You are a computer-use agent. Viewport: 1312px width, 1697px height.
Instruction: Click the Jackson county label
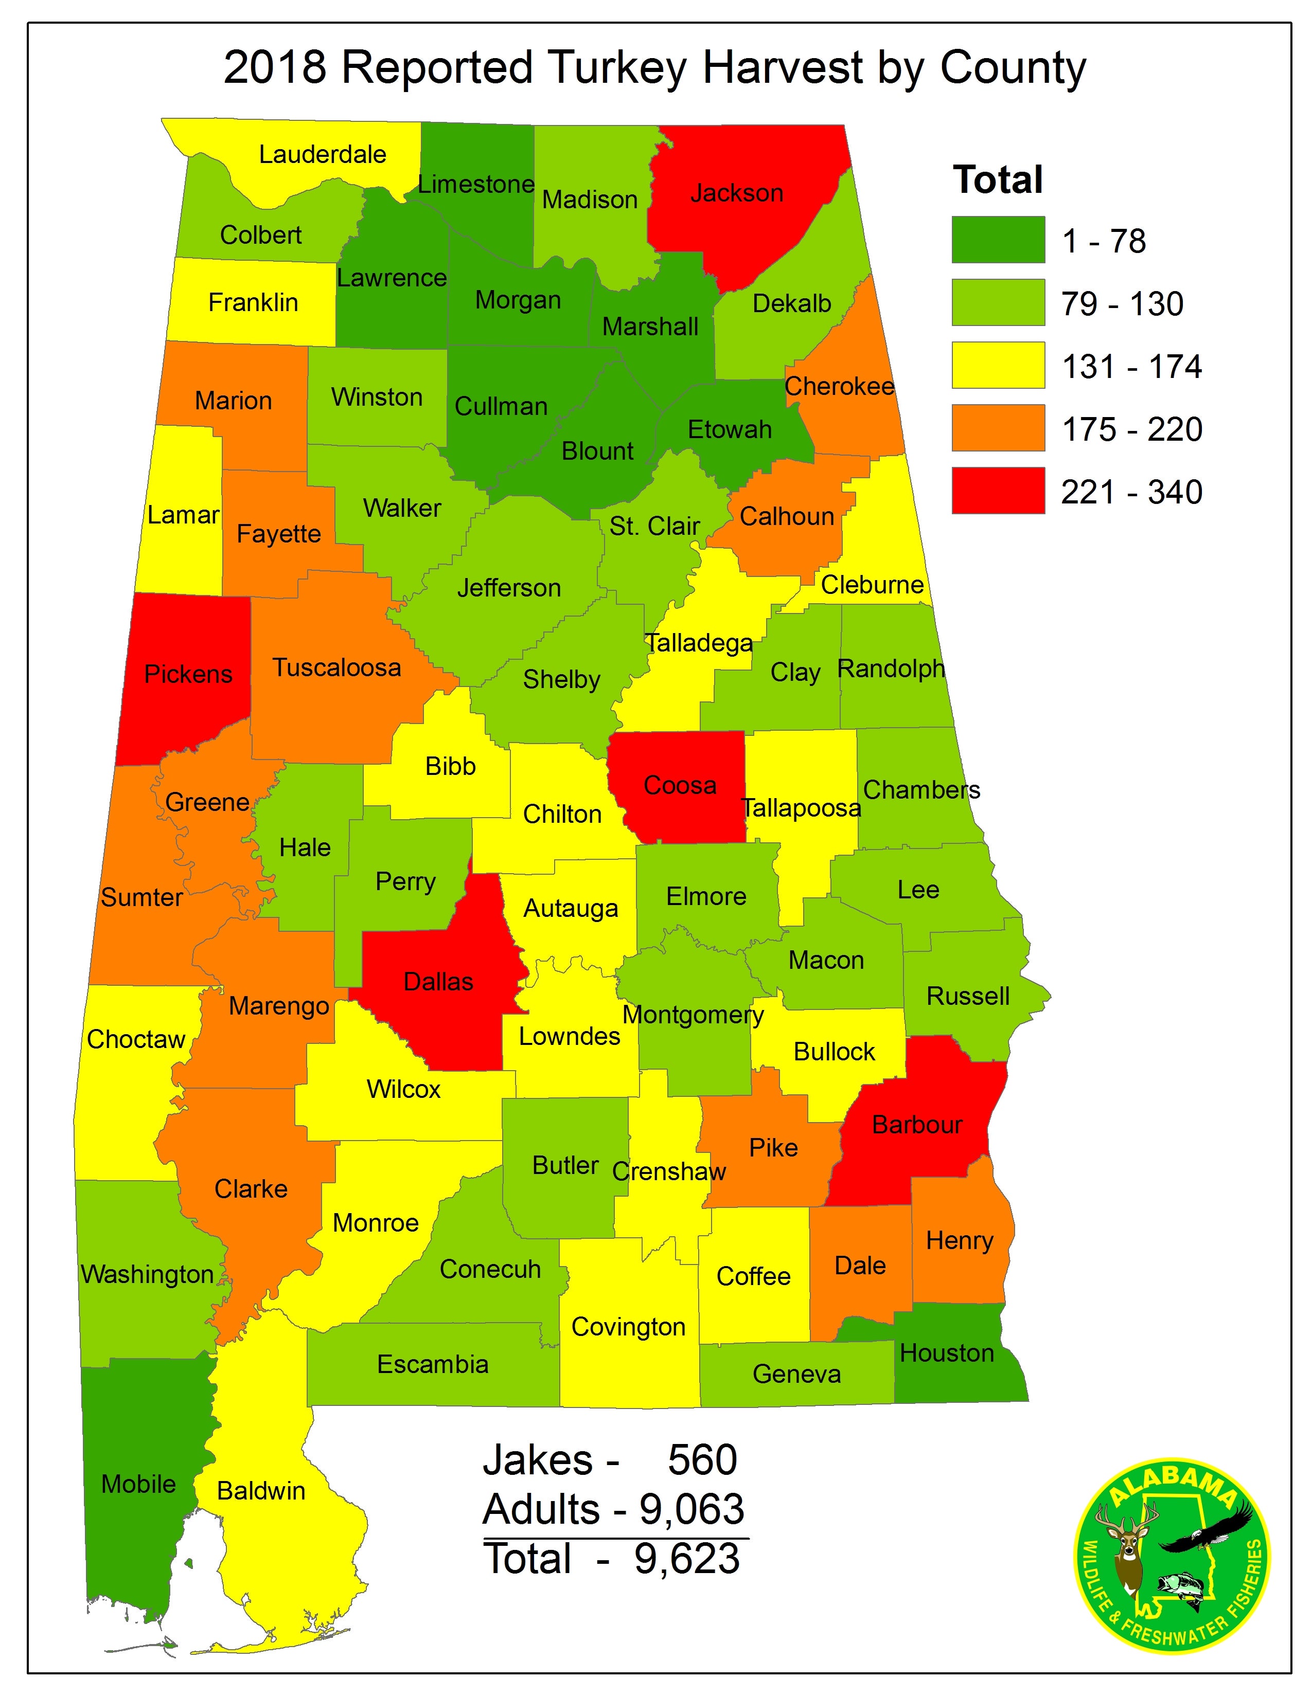736,193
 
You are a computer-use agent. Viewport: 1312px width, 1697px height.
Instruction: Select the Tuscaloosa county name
336,667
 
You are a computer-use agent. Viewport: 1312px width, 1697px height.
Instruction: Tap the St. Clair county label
654,526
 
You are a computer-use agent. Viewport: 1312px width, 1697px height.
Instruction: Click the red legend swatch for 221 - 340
998,490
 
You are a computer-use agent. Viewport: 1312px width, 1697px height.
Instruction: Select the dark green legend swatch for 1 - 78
998,239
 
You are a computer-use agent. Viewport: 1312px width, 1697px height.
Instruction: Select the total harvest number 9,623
687,1559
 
